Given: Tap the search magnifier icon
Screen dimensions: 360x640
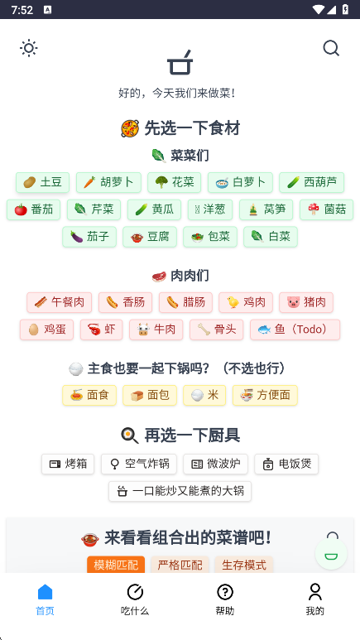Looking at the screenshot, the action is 331,48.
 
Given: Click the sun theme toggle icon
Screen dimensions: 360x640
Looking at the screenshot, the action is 29,48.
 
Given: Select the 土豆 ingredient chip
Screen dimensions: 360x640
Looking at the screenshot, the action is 42,182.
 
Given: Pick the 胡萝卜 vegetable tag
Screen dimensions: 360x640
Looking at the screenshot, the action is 108,182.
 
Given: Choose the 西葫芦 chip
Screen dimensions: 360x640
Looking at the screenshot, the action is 312,182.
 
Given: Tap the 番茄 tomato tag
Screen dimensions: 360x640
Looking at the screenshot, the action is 33,209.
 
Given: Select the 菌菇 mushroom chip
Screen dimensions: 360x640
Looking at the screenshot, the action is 327,209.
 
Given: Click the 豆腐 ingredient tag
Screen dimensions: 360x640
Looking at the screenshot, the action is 150,237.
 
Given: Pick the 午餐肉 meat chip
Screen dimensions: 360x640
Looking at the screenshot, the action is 60,302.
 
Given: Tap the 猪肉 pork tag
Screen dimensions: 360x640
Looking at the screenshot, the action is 306,302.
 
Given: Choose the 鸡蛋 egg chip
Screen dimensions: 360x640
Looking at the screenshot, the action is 46,330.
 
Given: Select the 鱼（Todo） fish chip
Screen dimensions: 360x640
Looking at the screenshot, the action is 295,330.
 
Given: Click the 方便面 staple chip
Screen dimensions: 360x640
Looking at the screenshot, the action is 265,395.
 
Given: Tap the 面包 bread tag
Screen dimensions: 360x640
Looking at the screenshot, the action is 150,395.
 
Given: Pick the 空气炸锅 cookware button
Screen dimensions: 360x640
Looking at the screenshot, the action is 139,464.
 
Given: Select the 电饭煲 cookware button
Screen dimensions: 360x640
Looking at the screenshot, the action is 286,464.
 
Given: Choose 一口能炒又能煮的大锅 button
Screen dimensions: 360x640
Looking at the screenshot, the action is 180,491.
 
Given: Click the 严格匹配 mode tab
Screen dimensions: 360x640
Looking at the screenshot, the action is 180,565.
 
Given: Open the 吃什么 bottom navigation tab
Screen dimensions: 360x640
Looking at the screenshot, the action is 135,599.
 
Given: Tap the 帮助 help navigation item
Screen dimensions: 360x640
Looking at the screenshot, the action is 225,599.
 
